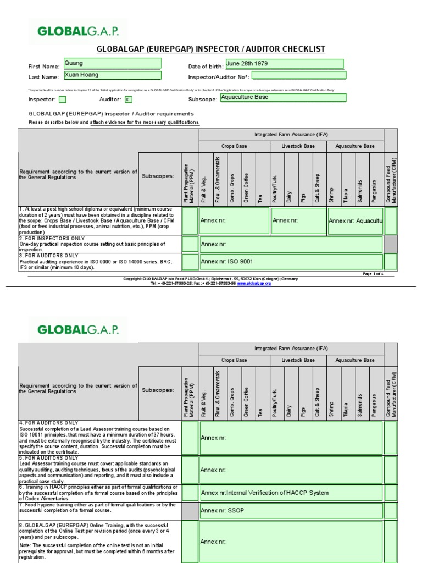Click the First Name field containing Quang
(112, 64)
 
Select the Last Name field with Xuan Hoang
(112, 75)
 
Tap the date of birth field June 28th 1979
(284, 64)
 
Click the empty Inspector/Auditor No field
(298, 76)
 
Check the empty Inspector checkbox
(62, 100)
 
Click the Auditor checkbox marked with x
(129, 100)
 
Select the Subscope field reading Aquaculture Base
(282, 98)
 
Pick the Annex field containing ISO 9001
(291, 262)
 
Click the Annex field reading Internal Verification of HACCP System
(291, 493)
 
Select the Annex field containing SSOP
(291, 511)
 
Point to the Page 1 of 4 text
(373, 274)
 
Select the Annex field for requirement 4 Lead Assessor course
(291, 438)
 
